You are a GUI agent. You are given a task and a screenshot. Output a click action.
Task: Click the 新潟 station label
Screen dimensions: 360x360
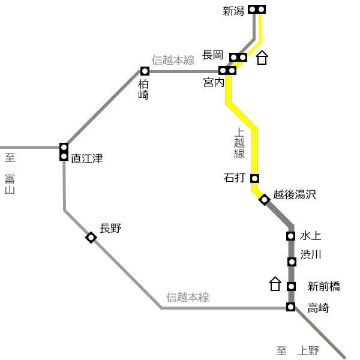[233, 11]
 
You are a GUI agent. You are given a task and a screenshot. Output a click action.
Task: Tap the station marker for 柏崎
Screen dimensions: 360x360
[145, 71]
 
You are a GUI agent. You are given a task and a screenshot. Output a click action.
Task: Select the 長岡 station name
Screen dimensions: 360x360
[212, 55]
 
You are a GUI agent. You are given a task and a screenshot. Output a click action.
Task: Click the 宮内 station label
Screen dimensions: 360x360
[214, 82]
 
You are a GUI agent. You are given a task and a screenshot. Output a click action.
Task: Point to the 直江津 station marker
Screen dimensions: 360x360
[64, 152]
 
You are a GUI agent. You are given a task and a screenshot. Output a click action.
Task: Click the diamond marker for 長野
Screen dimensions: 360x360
[91, 238]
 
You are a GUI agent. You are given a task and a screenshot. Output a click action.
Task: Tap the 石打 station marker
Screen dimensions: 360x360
[254, 178]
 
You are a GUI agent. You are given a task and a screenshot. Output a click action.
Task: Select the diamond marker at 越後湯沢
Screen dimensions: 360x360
[264, 200]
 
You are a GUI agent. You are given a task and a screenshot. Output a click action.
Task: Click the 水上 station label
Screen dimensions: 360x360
[310, 236]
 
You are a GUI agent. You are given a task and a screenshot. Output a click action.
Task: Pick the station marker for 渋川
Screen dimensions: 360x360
[292, 262]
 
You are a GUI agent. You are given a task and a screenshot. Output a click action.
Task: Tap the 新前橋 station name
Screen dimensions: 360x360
[324, 286]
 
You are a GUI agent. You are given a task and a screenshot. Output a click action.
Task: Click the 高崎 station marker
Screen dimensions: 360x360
[290, 307]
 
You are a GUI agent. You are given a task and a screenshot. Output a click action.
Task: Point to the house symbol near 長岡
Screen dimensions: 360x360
[262, 58]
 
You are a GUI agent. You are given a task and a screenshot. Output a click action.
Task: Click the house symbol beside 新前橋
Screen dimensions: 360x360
[275, 284]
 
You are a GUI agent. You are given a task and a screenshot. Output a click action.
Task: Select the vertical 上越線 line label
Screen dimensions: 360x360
[239, 143]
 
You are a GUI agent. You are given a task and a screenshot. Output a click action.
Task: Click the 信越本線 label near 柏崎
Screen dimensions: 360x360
[173, 60]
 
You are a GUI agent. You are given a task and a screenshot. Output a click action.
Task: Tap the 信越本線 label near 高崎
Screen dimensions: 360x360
[188, 297]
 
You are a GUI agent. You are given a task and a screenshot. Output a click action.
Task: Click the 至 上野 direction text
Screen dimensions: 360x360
[298, 351]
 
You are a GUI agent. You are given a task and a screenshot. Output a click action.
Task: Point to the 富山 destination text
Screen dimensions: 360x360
[10, 184]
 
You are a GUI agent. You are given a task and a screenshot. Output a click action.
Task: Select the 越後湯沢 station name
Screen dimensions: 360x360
[295, 194]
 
